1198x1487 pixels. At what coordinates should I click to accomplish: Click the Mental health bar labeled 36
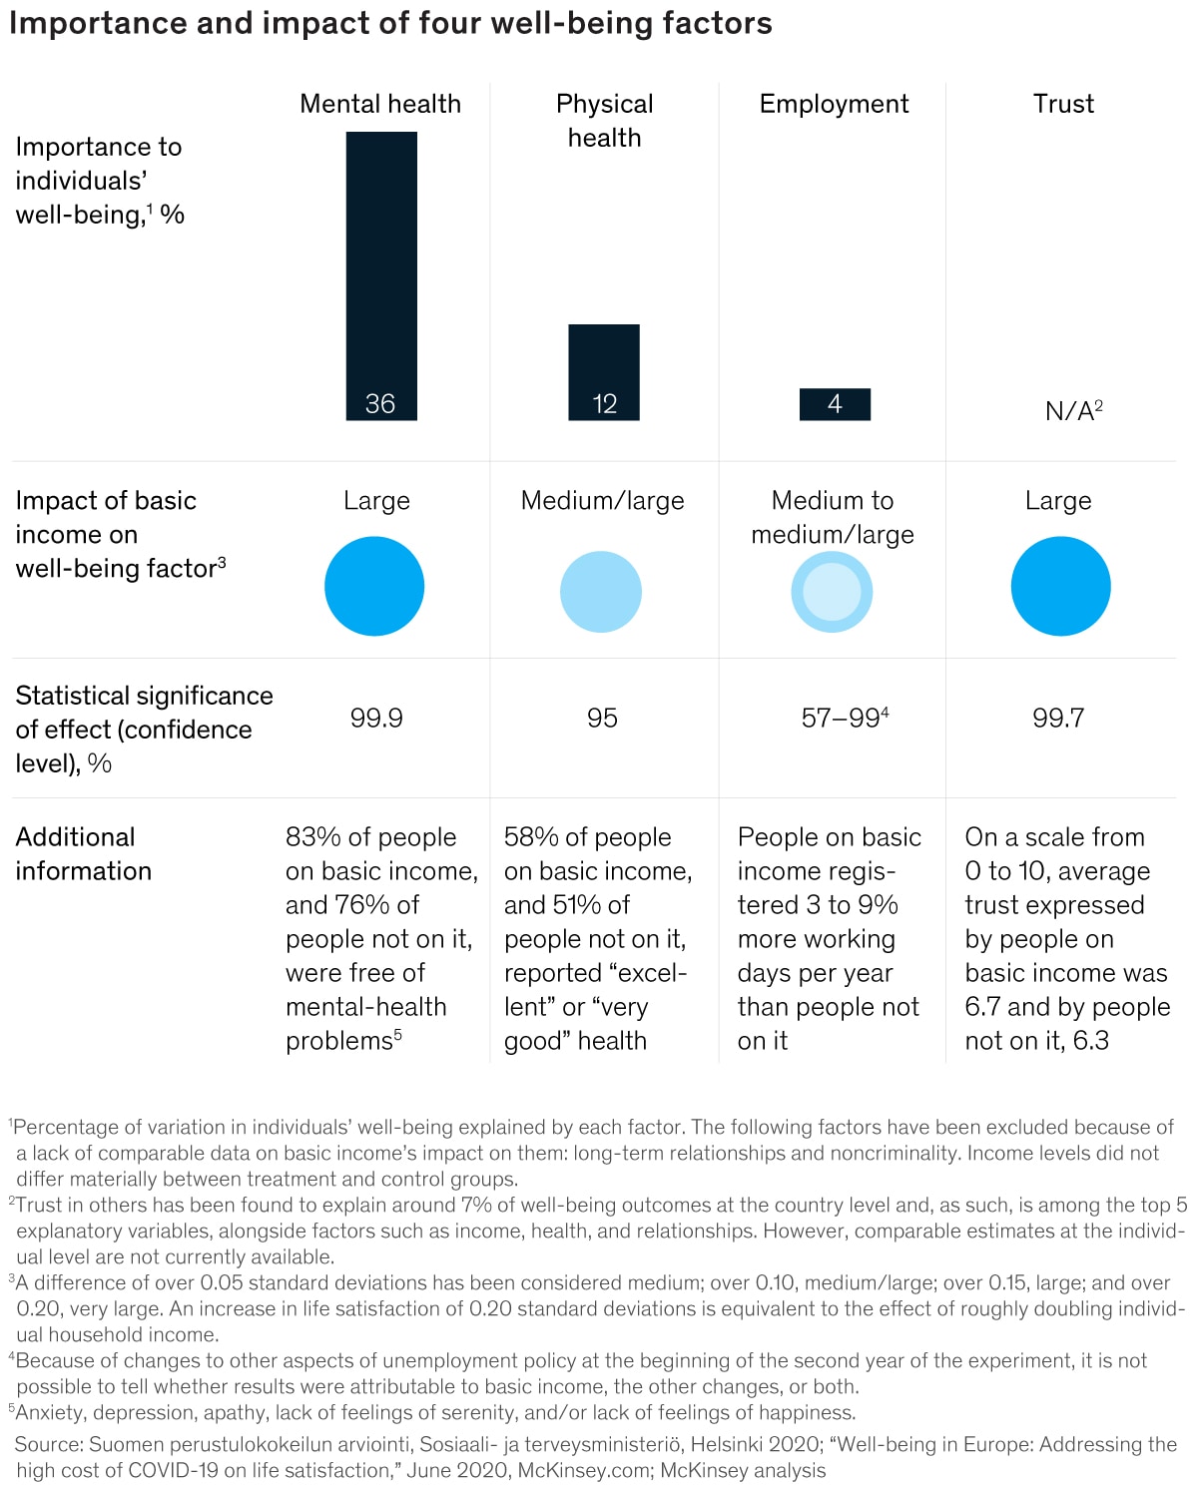click(381, 275)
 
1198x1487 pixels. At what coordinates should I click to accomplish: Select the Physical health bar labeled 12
click(604, 371)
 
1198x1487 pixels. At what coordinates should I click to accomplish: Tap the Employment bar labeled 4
click(835, 404)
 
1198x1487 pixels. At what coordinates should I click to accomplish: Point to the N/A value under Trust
click(1073, 410)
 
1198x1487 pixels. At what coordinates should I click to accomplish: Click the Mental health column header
click(380, 104)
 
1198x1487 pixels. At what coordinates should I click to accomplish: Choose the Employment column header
click(834, 104)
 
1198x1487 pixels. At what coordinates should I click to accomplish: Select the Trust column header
click(1063, 104)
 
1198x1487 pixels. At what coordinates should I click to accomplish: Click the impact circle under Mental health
click(374, 586)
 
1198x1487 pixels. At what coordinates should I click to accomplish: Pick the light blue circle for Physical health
click(600, 592)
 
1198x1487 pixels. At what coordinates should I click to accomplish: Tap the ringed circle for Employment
click(832, 592)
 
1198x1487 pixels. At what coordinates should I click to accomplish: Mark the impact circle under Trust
click(1060, 586)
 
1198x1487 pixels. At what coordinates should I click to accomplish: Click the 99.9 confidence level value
click(376, 718)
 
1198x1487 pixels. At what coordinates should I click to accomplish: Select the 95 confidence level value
click(602, 718)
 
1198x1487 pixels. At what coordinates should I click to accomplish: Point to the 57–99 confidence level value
click(842, 718)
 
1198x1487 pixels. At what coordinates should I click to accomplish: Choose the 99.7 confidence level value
click(1058, 718)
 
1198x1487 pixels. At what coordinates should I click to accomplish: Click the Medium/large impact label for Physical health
click(602, 500)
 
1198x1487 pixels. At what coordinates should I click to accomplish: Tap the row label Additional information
click(83, 853)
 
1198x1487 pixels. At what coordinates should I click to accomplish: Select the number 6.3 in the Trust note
click(1091, 1041)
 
